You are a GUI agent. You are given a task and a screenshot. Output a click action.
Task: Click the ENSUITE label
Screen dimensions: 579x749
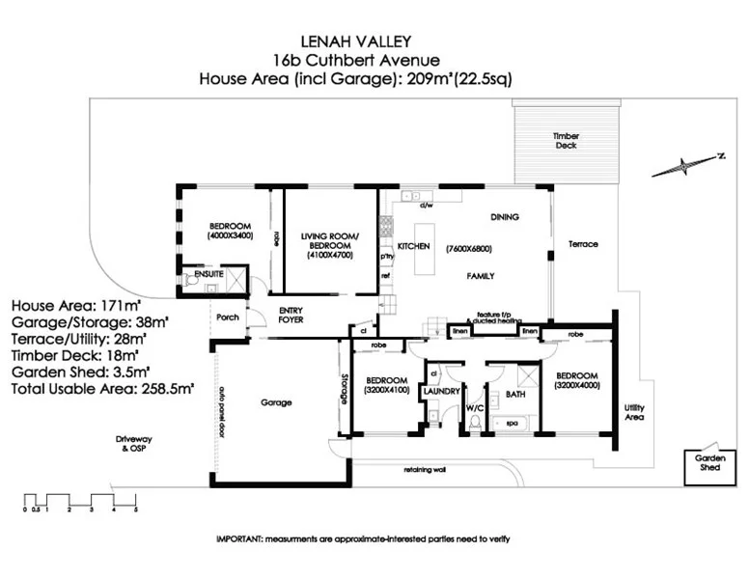208,275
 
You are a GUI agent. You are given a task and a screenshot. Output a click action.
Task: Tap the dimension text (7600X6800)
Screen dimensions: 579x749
470,249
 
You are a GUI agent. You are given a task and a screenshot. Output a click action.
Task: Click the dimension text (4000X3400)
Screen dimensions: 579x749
230,234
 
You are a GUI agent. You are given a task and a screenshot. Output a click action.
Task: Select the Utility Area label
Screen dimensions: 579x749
634,413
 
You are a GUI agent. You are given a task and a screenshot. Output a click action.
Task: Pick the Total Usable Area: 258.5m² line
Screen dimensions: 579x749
102,388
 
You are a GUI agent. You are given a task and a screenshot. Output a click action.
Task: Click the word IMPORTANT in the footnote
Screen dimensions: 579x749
240,538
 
